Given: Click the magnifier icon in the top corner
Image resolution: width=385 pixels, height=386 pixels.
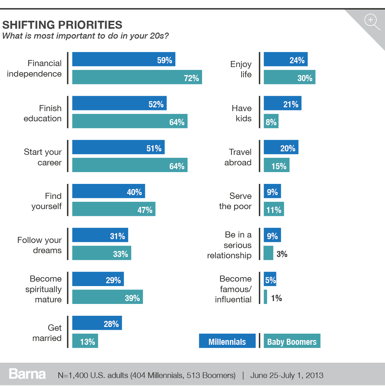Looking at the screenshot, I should tap(372, 22).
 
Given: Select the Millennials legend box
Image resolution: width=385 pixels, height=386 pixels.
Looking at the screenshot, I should tap(227, 341).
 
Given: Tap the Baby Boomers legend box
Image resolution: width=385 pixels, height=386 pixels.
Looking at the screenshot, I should tap(292, 341).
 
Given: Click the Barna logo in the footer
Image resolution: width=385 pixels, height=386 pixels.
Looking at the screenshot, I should tap(27, 374).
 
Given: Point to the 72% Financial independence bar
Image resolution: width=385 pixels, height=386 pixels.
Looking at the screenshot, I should tap(137, 77).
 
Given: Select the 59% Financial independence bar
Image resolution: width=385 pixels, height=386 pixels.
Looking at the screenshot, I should tap(124, 59).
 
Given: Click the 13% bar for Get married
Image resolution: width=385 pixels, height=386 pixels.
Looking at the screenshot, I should tap(85, 341).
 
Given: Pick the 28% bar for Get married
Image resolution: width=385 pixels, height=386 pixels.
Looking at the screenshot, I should tap(97, 323).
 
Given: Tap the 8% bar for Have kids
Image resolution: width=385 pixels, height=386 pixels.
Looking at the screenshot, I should tap(271, 121).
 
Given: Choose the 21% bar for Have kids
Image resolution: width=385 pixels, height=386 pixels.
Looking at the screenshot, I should tap(282, 103).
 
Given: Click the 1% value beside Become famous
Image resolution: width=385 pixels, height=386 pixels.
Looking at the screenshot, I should tap(276, 298).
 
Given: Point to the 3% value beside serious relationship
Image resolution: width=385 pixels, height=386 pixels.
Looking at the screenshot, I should tap(282, 254).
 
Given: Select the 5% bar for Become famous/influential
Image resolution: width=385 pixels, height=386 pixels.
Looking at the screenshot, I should tap(270, 279).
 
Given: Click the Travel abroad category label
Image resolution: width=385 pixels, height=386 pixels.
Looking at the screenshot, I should tap(238, 157).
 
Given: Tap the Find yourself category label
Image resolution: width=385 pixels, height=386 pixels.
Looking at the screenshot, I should tap(47, 201).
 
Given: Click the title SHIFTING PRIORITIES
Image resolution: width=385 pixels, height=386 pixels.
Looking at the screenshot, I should tap(62, 25).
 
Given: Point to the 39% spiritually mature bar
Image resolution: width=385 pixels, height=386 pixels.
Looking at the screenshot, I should tap(107, 297).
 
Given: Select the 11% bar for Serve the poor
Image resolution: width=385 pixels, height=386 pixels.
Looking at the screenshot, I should tap(274, 209).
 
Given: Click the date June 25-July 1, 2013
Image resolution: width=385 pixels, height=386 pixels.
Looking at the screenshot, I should tap(287, 375).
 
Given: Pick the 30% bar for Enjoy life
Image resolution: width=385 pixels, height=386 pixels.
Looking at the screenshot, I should tap(289, 77).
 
